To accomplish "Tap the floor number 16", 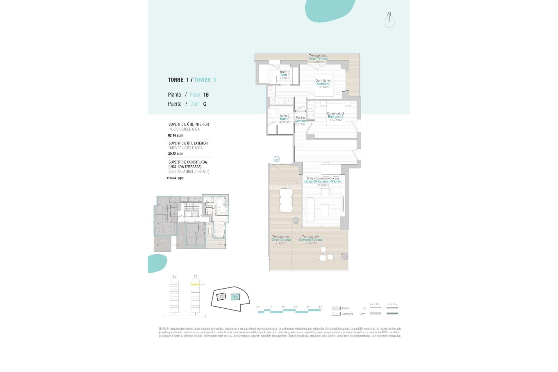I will tap(206, 95).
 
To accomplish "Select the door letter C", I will tap(205, 104).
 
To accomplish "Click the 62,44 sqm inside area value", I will tap(176, 135).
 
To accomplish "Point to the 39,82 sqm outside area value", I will tap(176, 154).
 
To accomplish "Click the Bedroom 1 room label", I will tap(324, 84).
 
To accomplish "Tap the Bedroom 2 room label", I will tap(335, 117).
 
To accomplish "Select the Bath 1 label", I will tap(285, 75).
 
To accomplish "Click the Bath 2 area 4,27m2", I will tap(285, 122).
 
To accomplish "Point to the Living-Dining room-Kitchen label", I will tap(323, 181).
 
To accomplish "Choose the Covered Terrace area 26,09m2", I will tap(311, 243).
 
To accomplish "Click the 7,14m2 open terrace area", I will tap(281, 243).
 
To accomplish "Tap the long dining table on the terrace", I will tap(286, 200).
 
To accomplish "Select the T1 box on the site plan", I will tap(235, 297).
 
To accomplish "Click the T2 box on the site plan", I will tap(221, 297).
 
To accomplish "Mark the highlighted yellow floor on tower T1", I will tap(195, 285).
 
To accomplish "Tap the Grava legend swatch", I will tap(336, 308).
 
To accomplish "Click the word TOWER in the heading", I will tap(202, 80).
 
